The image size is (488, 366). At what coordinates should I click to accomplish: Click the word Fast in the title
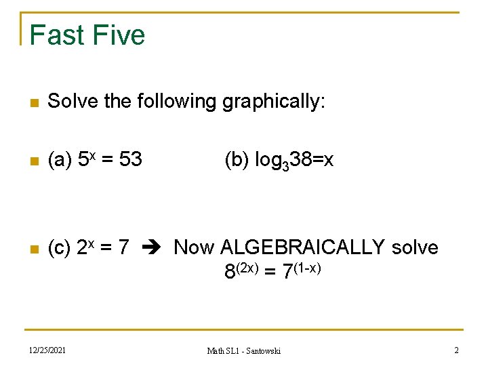coord(57,35)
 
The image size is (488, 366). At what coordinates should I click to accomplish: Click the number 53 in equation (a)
coord(130,159)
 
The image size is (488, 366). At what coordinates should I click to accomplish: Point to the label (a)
coord(60,159)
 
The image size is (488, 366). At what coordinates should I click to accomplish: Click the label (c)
coord(60,248)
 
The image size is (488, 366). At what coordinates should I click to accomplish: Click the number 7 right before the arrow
coord(123,248)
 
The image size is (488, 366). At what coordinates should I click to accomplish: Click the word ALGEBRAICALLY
coord(304,248)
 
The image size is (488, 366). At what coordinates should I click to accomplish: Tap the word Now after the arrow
coord(194,248)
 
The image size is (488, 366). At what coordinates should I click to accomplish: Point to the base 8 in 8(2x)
coord(231,272)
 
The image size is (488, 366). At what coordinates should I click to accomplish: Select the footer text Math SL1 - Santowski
coord(244,350)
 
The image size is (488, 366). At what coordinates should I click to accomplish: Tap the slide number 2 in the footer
coord(456,350)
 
